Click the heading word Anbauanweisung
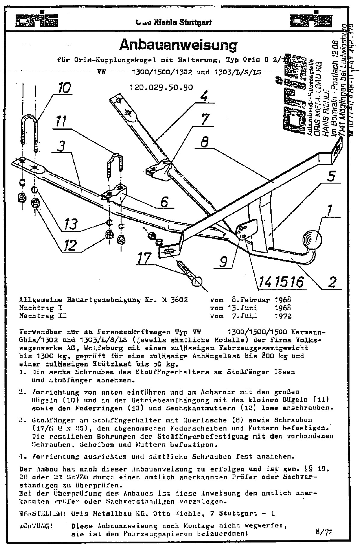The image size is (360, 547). point(178,45)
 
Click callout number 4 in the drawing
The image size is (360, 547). point(204,97)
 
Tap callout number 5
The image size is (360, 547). point(331,177)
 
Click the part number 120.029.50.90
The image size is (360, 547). point(161,87)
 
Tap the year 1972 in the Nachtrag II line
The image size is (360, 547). point(283,316)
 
